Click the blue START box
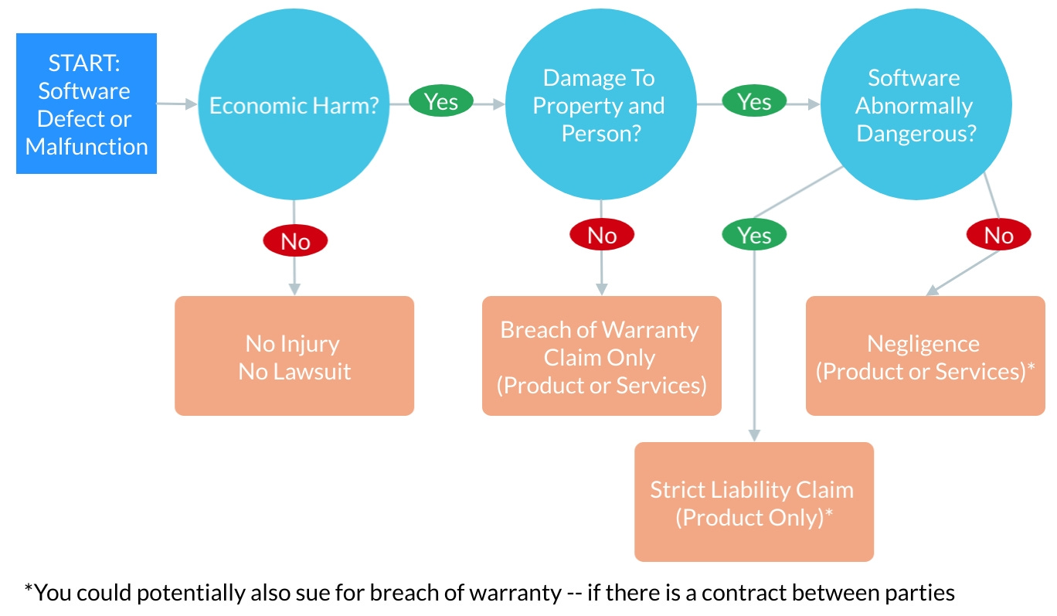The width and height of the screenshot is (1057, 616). click(x=87, y=104)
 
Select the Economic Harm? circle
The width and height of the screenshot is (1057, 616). click(x=294, y=106)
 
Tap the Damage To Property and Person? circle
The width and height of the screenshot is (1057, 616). click(x=600, y=106)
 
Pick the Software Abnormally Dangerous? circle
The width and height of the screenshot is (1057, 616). click(x=915, y=106)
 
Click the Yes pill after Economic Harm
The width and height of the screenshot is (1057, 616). click(x=441, y=102)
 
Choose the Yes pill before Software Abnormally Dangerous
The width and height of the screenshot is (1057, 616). click(x=754, y=102)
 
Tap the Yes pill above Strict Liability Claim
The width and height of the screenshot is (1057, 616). click(x=754, y=234)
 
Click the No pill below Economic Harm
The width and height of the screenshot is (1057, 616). click(x=295, y=241)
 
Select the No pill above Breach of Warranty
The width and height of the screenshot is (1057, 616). click(x=602, y=234)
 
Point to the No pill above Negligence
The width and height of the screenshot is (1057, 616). click(x=998, y=234)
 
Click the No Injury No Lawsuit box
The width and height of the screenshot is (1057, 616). click(x=294, y=356)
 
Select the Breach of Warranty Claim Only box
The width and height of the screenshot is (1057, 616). click(x=602, y=356)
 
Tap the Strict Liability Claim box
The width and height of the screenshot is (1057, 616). click(x=754, y=502)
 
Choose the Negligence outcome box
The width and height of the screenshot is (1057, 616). click(x=925, y=356)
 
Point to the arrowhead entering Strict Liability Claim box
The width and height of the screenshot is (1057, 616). click(x=754, y=436)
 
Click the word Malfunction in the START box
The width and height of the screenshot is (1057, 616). click(x=87, y=147)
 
